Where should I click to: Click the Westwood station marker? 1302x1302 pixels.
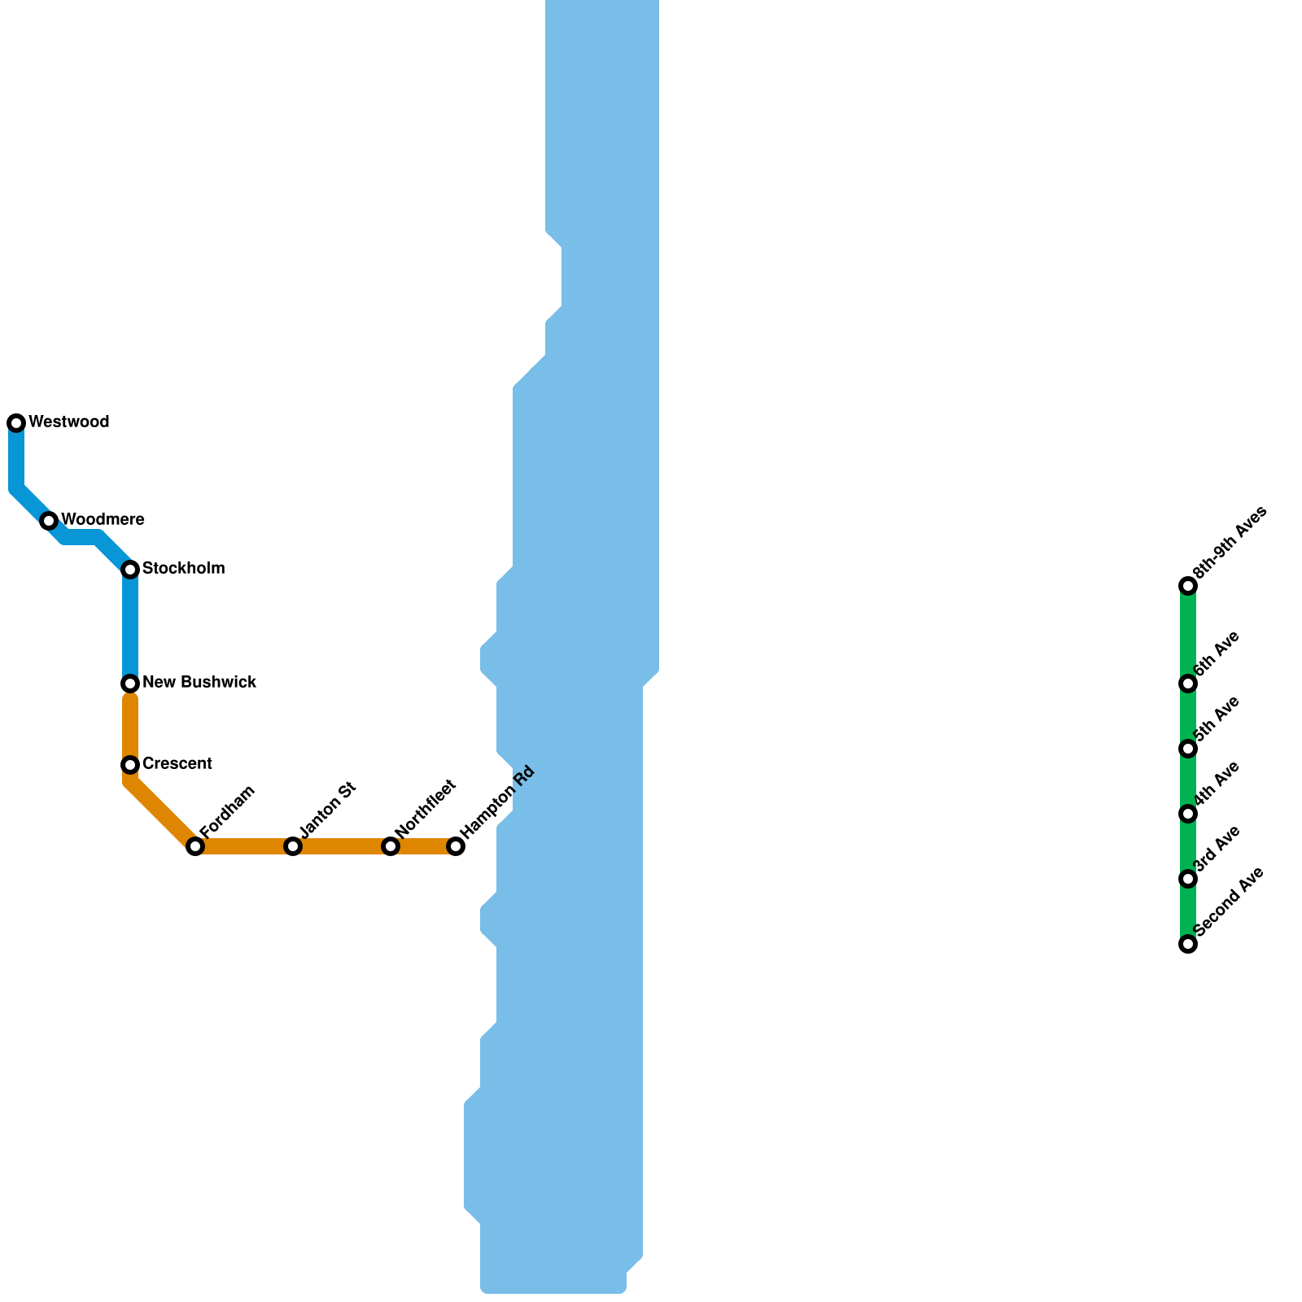(x=16, y=423)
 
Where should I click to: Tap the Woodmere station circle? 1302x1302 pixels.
(x=49, y=521)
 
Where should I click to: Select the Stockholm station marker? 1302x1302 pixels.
(x=130, y=570)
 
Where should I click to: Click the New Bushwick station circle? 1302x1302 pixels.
(x=130, y=684)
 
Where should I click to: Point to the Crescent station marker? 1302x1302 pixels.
(x=130, y=765)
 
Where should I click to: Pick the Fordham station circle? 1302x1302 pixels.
(x=195, y=846)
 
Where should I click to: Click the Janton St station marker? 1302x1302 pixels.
(x=293, y=846)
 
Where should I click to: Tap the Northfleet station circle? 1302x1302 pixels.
(x=391, y=846)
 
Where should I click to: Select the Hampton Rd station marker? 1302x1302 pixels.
(x=456, y=846)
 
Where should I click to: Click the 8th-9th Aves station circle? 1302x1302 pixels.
(x=1188, y=586)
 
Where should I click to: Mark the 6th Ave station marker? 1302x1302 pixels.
(x=1188, y=684)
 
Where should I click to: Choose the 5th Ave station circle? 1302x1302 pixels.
(x=1188, y=749)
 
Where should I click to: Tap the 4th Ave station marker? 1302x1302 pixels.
(x=1188, y=814)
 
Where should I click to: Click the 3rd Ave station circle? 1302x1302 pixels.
(x=1188, y=879)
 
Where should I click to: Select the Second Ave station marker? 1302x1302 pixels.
(x=1188, y=944)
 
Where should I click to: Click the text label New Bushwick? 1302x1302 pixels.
(x=199, y=682)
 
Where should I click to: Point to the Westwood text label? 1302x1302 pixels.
(x=68, y=422)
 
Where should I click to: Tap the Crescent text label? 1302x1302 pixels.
(x=177, y=763)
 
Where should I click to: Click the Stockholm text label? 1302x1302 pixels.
(x=183, y=568)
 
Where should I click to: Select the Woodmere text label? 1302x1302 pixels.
(x=103, y=519)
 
